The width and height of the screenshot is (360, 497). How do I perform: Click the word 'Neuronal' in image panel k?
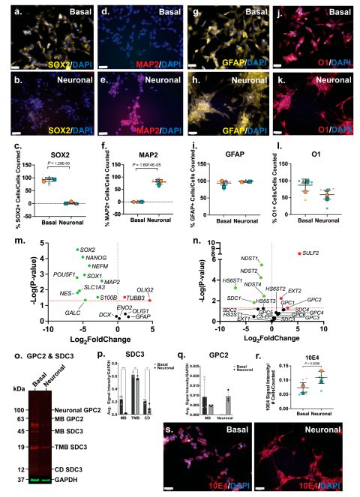[x=334, y=78]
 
